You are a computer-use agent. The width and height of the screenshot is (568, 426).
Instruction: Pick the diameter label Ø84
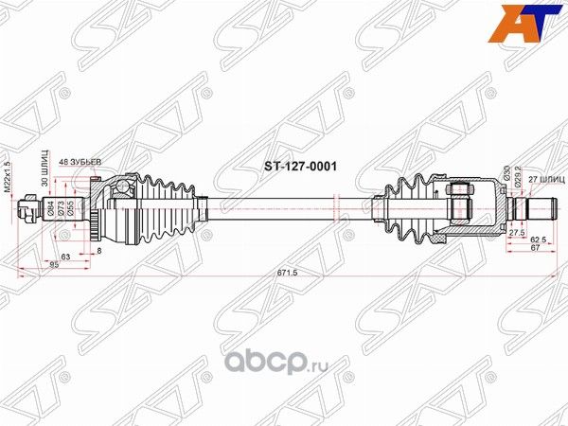pos(49,207)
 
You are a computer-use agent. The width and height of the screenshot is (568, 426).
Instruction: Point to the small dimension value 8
pos(98,251)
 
